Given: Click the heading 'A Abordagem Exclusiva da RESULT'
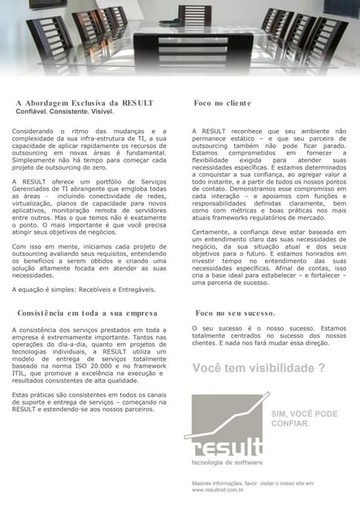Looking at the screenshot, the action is point(84,103).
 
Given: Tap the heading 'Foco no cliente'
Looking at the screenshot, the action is point(223,103).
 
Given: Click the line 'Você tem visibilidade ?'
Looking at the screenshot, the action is point(258,369).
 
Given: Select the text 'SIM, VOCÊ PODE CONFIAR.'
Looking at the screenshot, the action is point(303,418).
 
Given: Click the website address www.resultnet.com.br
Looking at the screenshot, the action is point(219,491).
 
